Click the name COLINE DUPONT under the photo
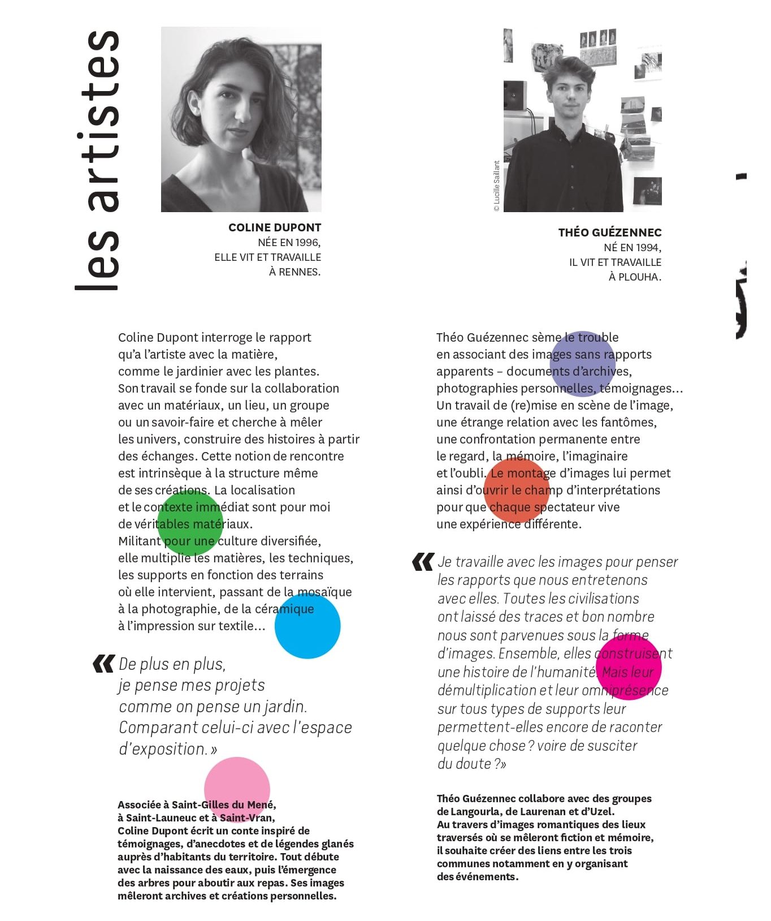(275, 227)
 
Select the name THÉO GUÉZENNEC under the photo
(609, 233)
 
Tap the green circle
(190, 523)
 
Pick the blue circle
(307, 626)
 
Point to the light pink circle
(237, 790)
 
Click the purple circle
(582, 364)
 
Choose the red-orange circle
(517, 490)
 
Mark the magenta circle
(629, 668)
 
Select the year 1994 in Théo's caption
(648, 248)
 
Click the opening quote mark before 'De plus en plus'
(103, 664)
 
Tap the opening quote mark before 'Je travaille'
(423, 562)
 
